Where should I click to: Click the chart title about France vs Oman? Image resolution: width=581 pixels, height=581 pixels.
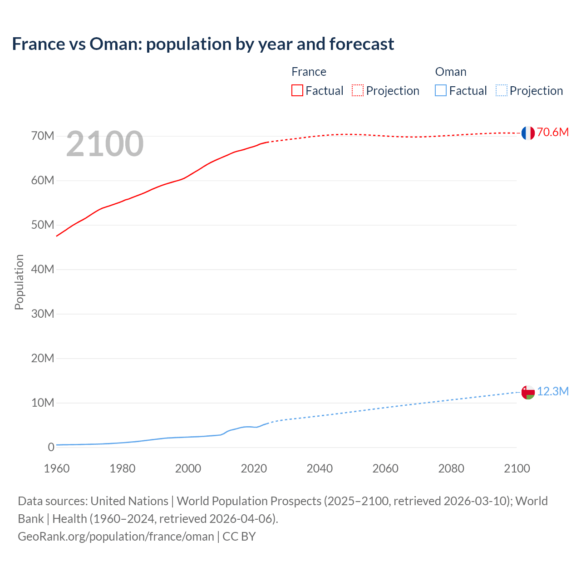203,44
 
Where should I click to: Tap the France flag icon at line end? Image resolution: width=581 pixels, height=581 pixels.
528,133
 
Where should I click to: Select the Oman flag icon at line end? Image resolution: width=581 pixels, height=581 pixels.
528,392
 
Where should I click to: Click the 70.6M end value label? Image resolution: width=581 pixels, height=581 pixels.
552,132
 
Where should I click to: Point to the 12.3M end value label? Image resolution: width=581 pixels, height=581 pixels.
552,391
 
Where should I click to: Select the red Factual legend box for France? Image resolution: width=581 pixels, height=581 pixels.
297,90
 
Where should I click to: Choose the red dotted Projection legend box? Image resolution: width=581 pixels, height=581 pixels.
358,90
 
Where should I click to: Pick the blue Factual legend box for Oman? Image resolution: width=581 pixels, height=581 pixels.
441,90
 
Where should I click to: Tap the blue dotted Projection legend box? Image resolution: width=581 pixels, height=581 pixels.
501,90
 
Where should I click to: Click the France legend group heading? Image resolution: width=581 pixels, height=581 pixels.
309,72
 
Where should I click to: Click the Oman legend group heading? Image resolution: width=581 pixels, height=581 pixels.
451,72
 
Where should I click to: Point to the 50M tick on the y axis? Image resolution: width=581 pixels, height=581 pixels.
43,225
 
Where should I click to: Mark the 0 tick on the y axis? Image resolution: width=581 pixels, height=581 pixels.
51,448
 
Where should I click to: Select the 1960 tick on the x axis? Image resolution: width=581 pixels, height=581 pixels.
57,468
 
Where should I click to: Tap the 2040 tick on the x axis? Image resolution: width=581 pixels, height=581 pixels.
320,468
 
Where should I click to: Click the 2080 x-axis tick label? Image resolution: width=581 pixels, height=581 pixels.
451,468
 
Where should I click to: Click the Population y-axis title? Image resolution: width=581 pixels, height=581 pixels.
19,282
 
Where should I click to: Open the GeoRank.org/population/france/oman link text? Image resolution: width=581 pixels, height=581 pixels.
116,537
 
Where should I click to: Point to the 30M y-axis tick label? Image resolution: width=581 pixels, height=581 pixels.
43,314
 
